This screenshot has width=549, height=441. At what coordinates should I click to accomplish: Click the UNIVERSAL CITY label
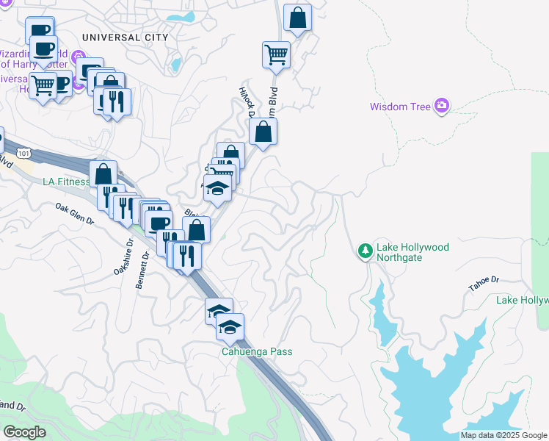125,37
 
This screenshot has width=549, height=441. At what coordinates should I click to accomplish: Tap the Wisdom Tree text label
399,107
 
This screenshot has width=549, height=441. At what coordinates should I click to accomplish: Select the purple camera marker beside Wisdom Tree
441,106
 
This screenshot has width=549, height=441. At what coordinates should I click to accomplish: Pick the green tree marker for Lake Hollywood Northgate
365,251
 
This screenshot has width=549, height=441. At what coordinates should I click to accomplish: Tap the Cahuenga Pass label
257,351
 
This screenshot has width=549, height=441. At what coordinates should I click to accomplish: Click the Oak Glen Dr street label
75,214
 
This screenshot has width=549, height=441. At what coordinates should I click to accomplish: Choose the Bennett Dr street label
142,270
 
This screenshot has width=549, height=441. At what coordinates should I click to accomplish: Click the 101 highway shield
23,153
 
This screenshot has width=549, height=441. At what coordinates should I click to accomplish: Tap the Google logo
24,431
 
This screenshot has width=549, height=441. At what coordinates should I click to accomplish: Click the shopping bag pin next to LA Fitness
103,174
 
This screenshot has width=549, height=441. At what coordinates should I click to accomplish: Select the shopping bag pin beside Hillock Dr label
263,132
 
